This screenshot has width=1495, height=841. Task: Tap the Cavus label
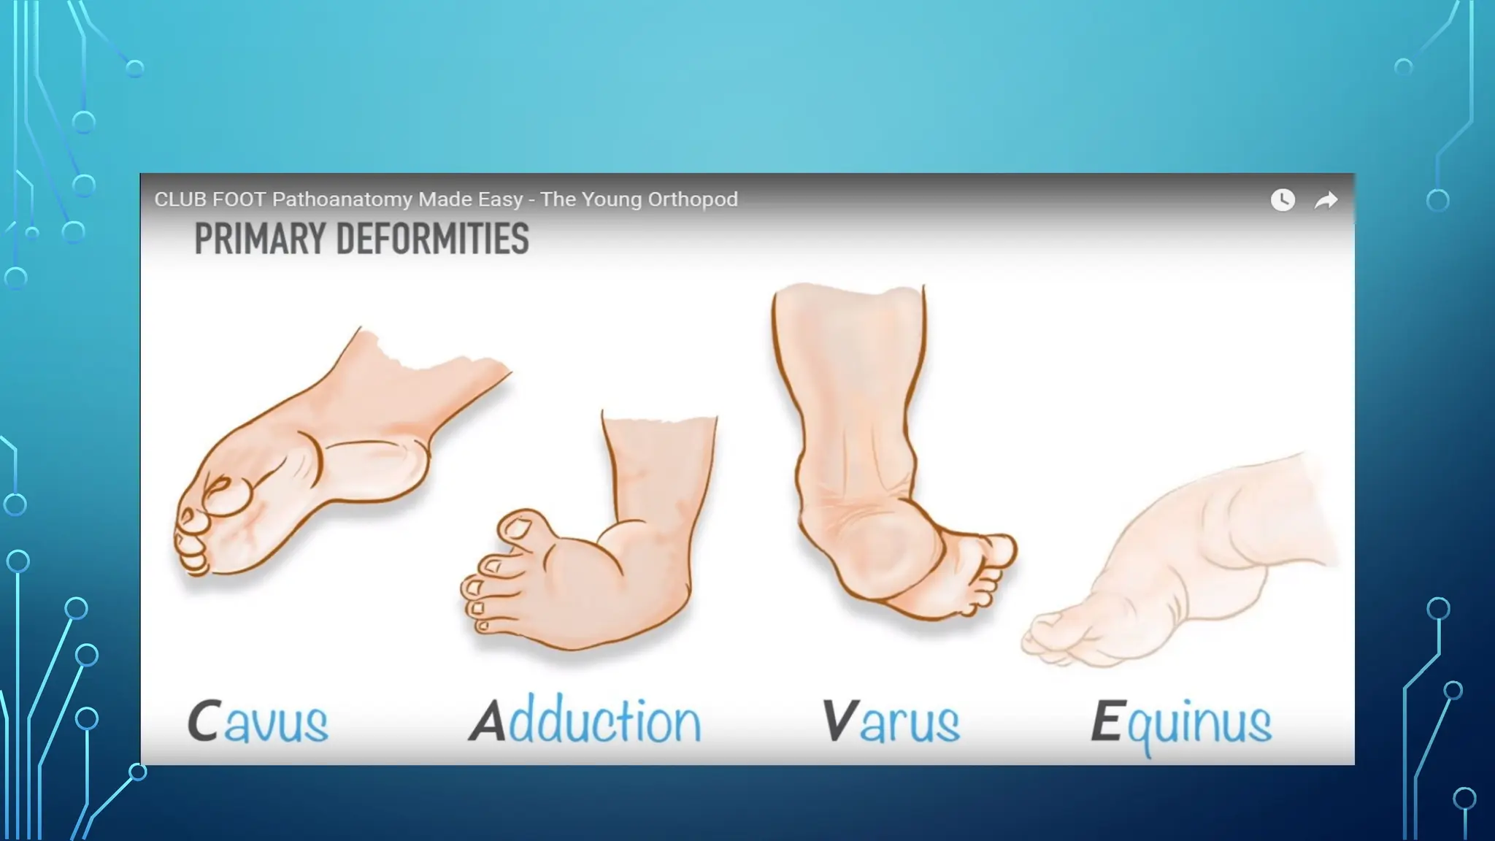coord(258,721)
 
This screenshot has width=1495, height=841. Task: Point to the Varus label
coord(891,721)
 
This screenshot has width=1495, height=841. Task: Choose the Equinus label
coord(1181,723)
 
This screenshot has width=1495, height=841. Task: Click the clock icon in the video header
coord(1283,199)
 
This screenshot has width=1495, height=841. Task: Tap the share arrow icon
coord(1326,200)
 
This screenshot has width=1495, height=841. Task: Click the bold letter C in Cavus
coord(204,721)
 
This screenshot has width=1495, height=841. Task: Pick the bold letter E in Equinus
coord(1106,721)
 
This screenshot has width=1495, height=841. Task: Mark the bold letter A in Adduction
coord(488,721)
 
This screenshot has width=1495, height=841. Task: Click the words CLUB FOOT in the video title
coord(210,199)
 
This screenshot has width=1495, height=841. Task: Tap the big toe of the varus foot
coord(1000,551)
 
